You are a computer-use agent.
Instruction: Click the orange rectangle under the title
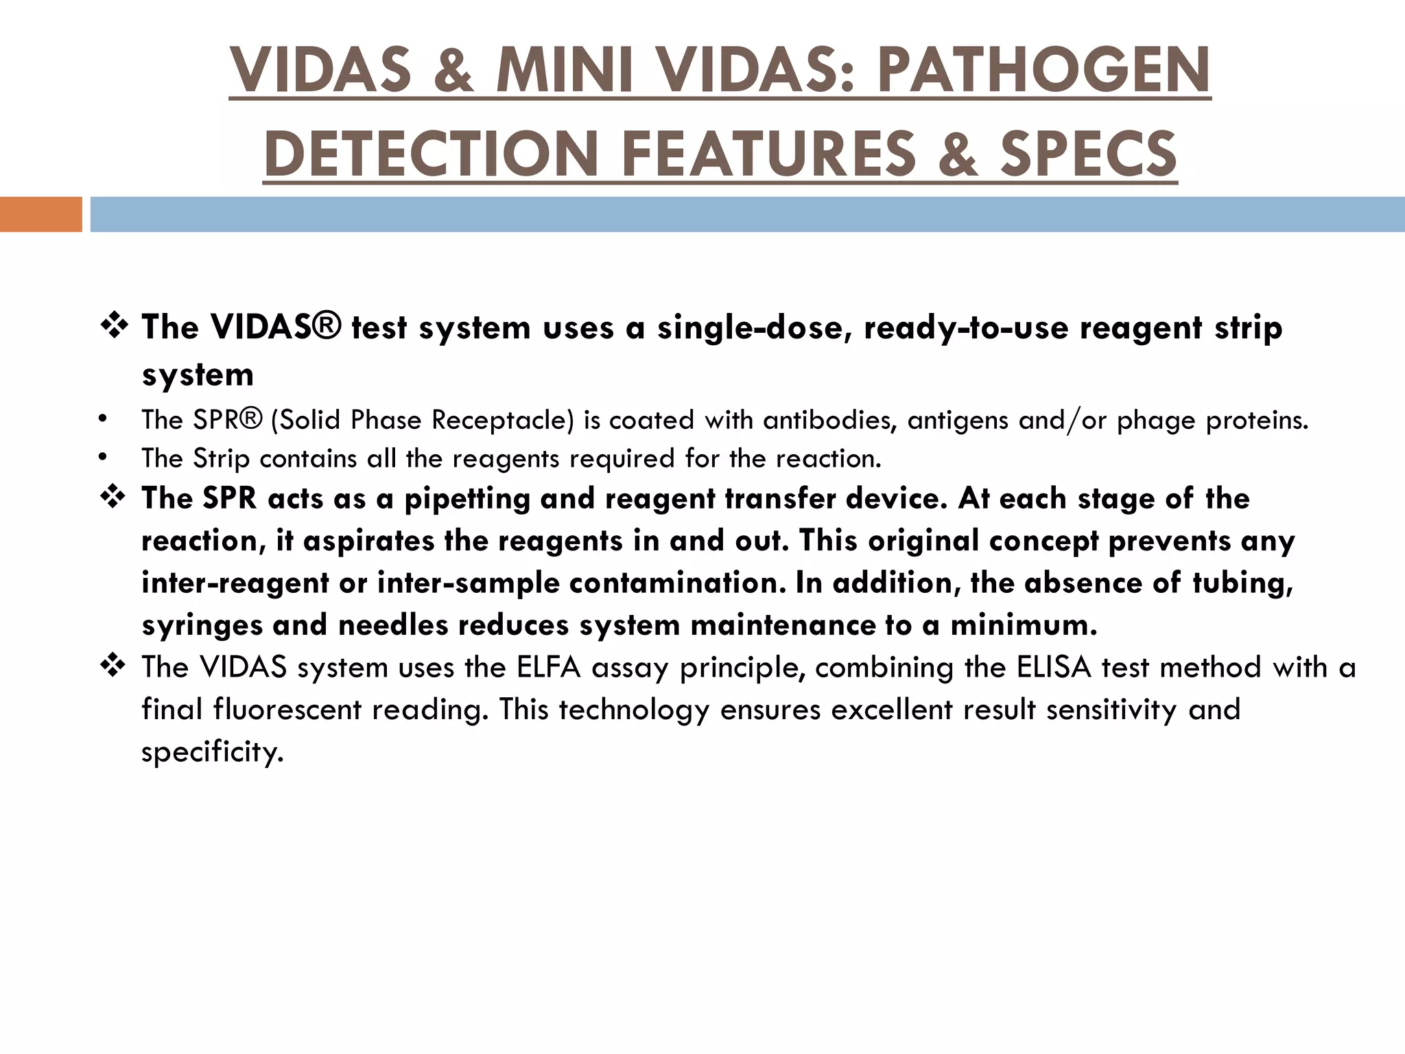pyautogui.click(x=40, y=214)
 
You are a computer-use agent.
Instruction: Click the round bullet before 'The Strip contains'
pyautogui.click(x=103, y=458)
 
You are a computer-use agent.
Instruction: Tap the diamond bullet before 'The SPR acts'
pyautogui.click(x=113, y=497)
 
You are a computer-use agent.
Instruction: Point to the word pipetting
pyautogui.click(x=467, y=500)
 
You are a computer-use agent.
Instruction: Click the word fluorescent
pyautogui.click(x=287, y=710)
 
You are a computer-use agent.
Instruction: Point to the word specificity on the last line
pyautogui.click(x=212, y=753)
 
